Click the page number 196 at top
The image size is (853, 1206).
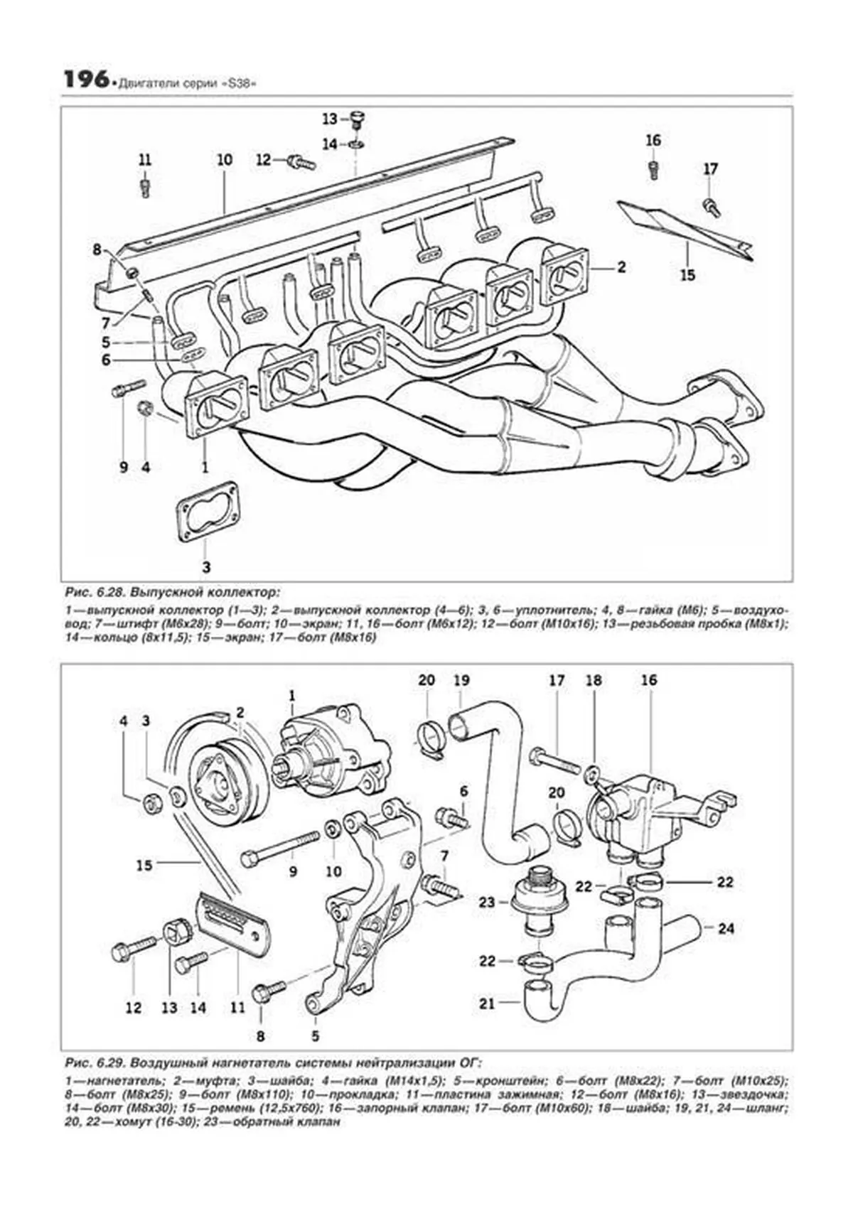point(85,80)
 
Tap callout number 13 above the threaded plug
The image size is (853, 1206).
point(330,119)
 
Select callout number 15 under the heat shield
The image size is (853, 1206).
point(687,275)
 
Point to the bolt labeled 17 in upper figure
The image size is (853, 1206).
point(711,208)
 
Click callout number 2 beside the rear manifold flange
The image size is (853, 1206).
point(621,268)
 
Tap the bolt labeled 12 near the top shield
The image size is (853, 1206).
point(301,163)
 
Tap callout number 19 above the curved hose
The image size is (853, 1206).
point(461,680)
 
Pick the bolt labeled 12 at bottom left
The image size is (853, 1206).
point(133,949)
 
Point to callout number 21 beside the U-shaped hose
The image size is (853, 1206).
point(486,1004)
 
